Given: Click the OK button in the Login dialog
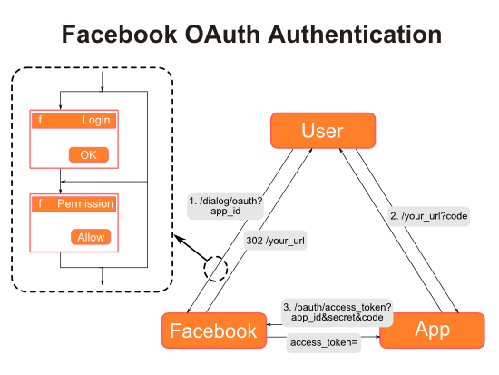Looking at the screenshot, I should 88,154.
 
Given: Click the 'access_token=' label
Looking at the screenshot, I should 324,342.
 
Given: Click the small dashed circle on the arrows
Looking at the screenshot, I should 217,269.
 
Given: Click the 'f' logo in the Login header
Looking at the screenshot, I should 39,120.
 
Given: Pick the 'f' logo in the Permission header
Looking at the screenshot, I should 39,203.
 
